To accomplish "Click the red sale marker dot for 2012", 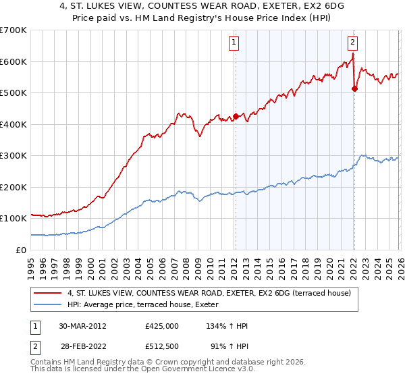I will [236, 115].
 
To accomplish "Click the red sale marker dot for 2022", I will [354, 88].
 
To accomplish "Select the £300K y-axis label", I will [13, 155].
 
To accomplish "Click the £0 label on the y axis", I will [20, 250].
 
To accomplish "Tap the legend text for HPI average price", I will [142, 305].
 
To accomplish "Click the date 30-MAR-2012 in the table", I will [82, 326].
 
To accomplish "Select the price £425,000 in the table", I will [162, 326].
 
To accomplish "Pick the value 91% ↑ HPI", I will [230, 346].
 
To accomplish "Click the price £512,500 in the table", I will [162, 346].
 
